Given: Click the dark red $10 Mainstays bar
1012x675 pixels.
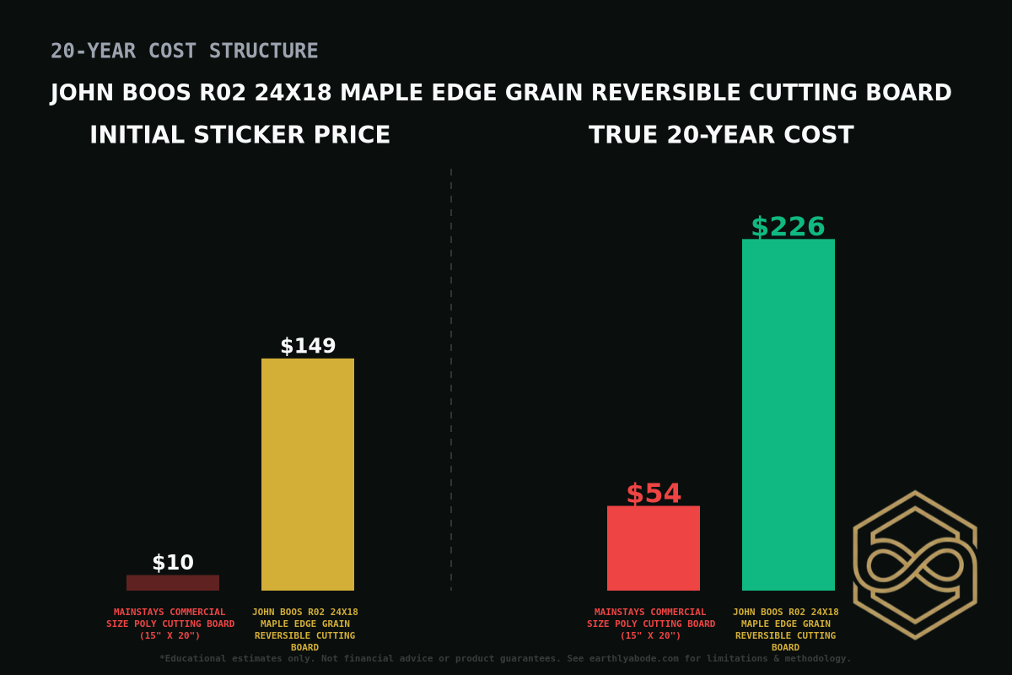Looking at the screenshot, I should (173, 582).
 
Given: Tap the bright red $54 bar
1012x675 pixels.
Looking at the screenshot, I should (654, 548).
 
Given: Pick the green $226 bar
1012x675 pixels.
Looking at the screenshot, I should (789, 414).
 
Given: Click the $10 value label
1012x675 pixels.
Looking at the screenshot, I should (173, 563).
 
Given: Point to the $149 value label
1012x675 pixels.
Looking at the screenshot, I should (308, 346).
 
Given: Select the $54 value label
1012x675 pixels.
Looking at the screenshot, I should (654, 494).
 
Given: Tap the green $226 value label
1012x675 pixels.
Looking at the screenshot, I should (789, 227).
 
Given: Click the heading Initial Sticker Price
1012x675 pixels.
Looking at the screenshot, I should (240, 136).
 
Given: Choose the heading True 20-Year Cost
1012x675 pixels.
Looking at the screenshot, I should (721, 136).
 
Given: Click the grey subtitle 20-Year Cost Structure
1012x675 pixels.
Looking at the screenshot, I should (185, 51).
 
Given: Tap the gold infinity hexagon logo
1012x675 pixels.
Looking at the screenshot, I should (915, 564).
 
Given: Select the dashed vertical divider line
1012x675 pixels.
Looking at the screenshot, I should (451, 380).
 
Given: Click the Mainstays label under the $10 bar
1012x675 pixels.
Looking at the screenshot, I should (170, 624).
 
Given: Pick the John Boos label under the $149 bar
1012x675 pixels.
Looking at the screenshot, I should (305, 629).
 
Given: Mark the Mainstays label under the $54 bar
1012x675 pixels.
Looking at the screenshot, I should (651, 624).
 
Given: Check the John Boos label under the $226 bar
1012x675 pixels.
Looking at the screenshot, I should (786, 629).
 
